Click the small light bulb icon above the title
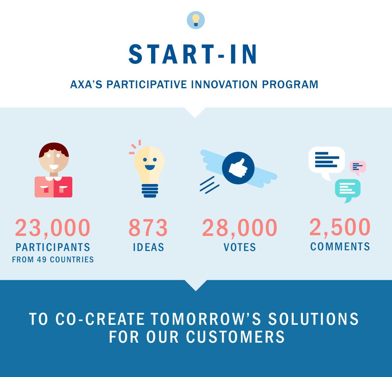[x=196, y=20]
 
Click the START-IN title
[x=193, y=54]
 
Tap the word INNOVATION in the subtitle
[x=224, y=84]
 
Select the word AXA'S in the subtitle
[x=86, y=84]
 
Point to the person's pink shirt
[x=53, y=187]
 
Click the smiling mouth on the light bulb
[x=150, y=167]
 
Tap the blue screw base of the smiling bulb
[x=150, y=191]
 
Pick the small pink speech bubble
[x=358, y=167]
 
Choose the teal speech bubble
[x=348, y=190]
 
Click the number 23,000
[x=53, y=228]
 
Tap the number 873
[x=148, y=228]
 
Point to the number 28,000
[x=240, y=228]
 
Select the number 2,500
[x=340, y=227]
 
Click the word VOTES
[x=240, y=247]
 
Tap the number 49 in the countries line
[x=42, y=260]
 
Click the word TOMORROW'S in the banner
[x=206, y=319]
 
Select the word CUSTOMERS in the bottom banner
[x=235, y=337]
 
